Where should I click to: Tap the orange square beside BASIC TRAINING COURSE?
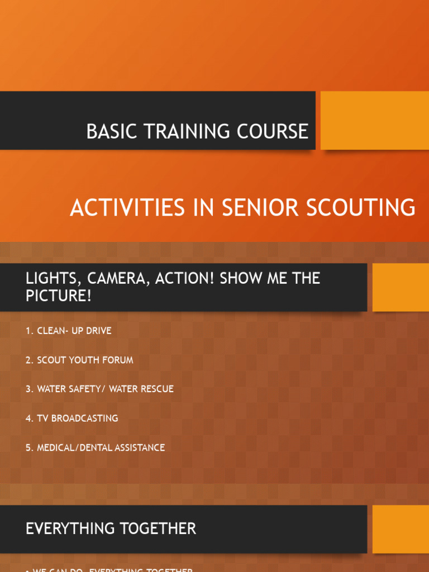pos(374,121)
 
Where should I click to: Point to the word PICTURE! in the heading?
pos(58,296)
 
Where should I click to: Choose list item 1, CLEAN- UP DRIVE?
pos(68,331)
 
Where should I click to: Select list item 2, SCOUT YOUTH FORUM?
pos(79,360)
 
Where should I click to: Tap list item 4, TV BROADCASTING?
pos(71,418)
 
